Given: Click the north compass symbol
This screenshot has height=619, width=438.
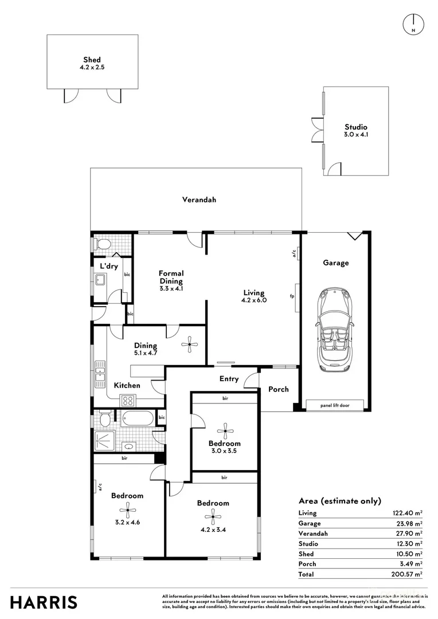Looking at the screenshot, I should click(413, 23).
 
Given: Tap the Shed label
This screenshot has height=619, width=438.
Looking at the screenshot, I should click(92, 60).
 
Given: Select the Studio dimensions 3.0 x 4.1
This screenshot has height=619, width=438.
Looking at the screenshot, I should click(355, 135).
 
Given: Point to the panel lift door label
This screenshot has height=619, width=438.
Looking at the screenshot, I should click(336, 405).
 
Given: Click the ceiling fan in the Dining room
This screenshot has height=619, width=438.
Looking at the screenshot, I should click(189, 344).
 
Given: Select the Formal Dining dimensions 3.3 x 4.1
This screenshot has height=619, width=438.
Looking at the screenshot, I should click(171, 288).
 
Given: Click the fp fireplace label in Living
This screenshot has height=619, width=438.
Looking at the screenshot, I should click(292, 296).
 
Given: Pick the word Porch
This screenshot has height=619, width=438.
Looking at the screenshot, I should click(279, 389).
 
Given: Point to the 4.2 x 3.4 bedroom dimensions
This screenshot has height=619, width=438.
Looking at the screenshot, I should click(213, 530).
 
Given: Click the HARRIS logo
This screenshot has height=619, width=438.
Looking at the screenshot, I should click(44, 602).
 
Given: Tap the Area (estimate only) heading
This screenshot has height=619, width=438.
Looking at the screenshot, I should click(339, 500).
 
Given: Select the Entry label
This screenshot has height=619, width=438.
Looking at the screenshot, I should click(229, 379).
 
